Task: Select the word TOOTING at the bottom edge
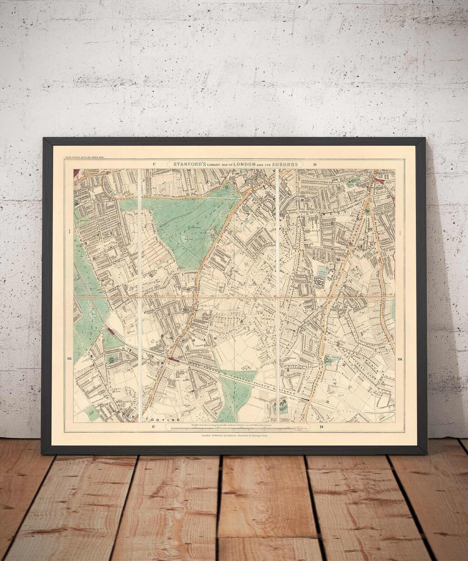point(168,420)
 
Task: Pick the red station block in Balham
point(174,359)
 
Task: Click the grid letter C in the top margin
point(154,164)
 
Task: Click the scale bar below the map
point(234,429)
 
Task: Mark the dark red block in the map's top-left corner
point(76,174)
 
